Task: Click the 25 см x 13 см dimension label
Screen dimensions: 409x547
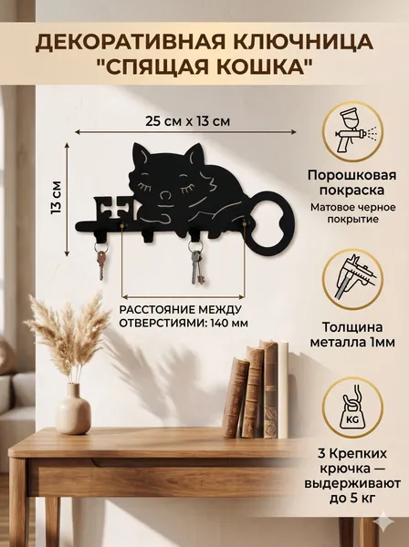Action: (x=187, y=121)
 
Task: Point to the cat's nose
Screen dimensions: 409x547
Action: (x=166, y=196)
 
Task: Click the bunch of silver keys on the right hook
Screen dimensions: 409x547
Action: (x=196, y=263)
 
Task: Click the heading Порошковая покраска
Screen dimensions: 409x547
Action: (x=352, y=182)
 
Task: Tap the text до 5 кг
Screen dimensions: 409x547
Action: (x=352, y=498)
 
